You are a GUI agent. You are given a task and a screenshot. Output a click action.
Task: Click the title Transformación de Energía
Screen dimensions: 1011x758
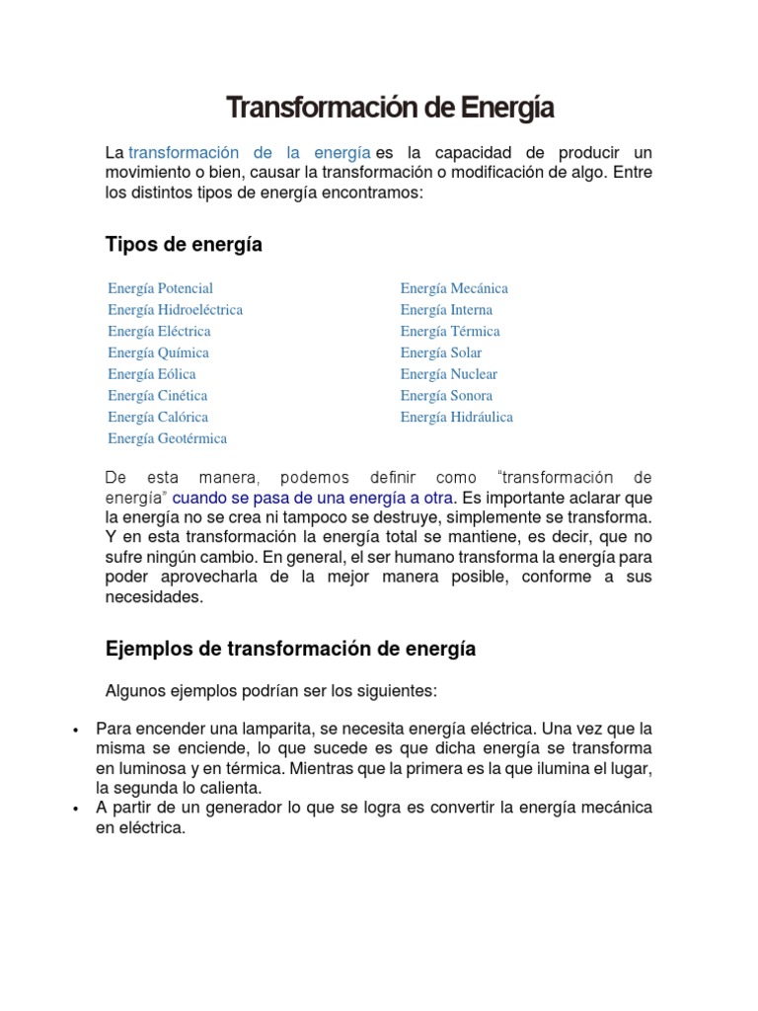pos(390,108)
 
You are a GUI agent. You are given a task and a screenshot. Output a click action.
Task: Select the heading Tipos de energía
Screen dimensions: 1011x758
pos(184,244)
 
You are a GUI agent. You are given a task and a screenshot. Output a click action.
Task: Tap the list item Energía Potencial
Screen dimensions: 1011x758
pos(160,288)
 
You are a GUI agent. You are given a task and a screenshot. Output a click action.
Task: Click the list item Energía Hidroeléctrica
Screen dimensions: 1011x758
pos(175,310)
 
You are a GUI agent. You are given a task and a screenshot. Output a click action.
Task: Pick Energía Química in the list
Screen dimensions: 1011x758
pos(158,352)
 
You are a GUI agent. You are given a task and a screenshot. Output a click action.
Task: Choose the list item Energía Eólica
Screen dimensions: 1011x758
pos(152,374)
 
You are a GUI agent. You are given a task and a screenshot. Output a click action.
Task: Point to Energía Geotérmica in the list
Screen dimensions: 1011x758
pos(167,438)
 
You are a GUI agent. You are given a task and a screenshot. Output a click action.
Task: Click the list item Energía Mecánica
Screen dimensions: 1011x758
pos(454,288)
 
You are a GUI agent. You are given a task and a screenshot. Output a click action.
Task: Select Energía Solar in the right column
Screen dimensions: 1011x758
pos(441,352)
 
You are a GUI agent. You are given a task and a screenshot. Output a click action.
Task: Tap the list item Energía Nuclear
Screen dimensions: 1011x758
pos(449,374)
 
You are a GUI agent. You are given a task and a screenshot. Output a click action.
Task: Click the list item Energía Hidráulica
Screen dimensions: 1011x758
pos(457,417)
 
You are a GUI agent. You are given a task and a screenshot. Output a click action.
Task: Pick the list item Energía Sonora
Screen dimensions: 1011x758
pos(446,396)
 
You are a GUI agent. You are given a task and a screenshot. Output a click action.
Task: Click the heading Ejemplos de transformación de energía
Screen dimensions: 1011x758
pos(290,649)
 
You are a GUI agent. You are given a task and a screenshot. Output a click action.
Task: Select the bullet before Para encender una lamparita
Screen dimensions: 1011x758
pos(76,729)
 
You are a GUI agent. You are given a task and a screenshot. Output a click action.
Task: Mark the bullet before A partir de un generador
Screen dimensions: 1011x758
pos(76,809)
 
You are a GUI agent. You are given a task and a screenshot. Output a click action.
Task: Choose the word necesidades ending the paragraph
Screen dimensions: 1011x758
pos(152,597)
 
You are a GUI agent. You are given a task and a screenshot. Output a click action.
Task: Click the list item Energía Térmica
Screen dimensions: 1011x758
pos(450,331)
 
